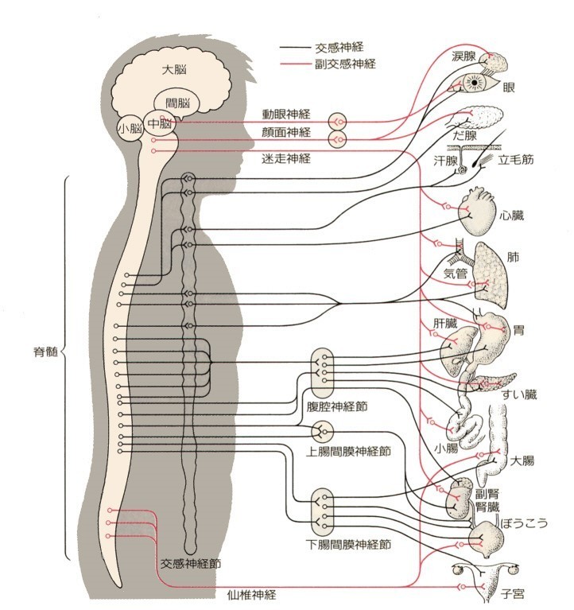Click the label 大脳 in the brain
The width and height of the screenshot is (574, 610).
(x=174, y=70)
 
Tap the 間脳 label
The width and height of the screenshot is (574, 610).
(x=178, y=103)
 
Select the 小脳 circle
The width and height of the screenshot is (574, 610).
(x=130, y=128)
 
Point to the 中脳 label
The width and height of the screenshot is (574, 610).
(x=160, y=124)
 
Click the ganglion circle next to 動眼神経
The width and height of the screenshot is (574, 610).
(x=338, y=122)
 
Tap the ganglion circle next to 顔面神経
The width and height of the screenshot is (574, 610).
(x=338, y=139)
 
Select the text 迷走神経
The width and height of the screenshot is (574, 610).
(x=286, y=158)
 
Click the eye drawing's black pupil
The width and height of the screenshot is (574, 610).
(x=475, y=83)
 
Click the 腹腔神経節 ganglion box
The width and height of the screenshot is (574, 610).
(x=323, y=371)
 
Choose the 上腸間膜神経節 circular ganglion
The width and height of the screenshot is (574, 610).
(x=323, y=431)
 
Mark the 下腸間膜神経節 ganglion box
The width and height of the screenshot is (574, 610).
(x=323, y=511)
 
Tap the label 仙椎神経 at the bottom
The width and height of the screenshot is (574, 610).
(x=251, y=595)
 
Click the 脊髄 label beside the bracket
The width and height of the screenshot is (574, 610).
(x=45, y=352)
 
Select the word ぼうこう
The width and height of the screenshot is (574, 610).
(x=524, y=523)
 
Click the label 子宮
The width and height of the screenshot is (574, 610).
(x=513, y=594)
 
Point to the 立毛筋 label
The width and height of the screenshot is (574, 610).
(x=516, y=160)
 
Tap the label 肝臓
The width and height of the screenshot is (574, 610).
(x=445, y=324)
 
